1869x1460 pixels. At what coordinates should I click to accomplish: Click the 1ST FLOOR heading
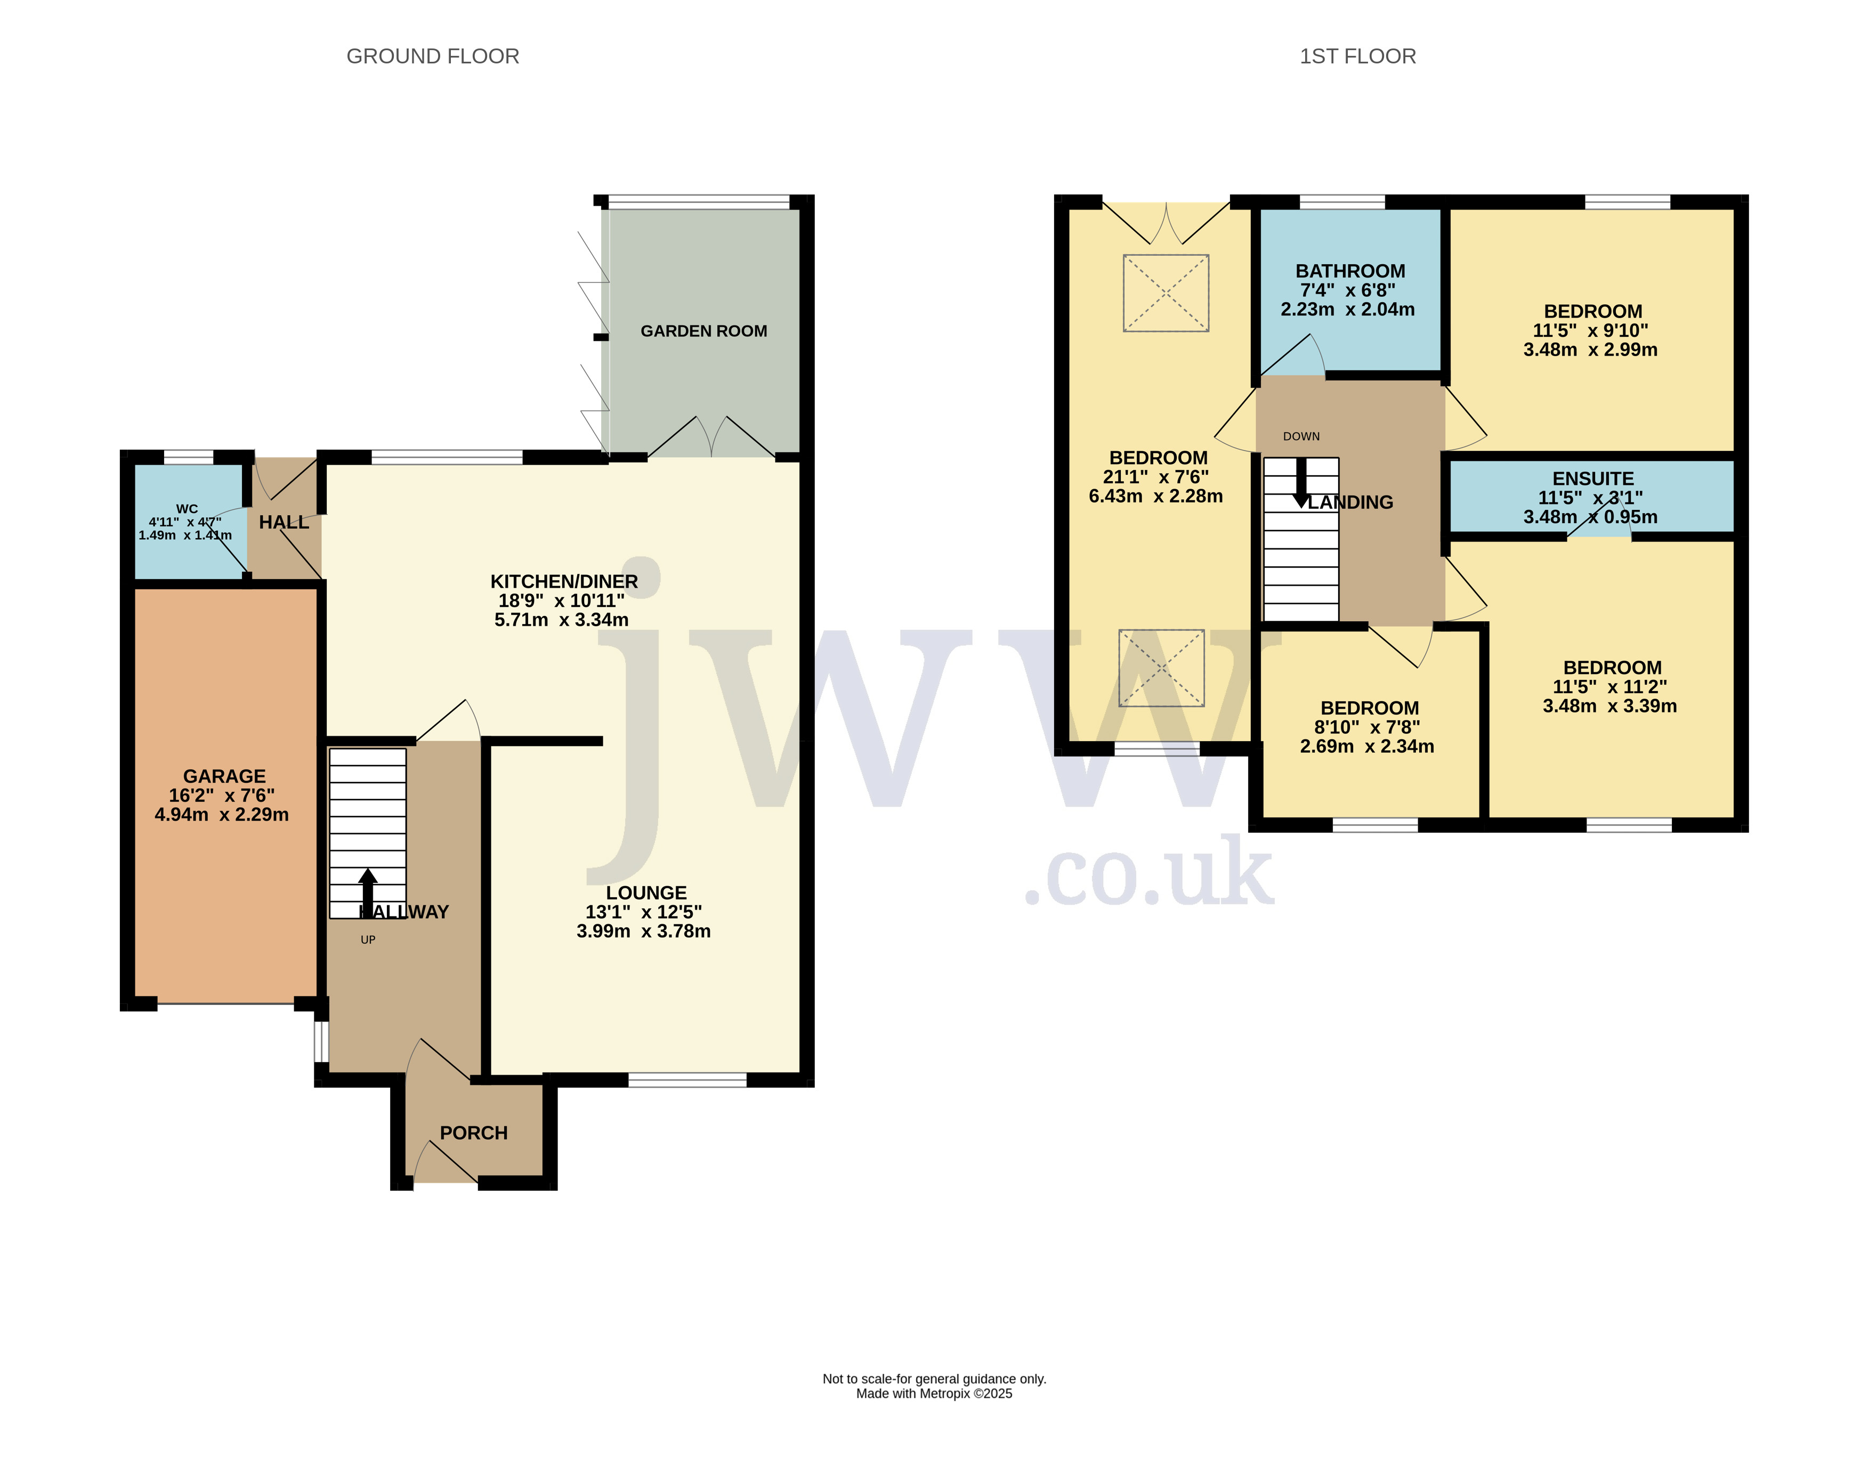pyautogui.click(x=1357, y=56)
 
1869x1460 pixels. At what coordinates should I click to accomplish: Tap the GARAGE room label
pyautogui.click(x=224, y=776)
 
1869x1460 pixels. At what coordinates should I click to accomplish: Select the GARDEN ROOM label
pyautogui.click(x=703, y=331)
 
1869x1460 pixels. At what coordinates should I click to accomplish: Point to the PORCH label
pyautogui.click(x=473, y=1133)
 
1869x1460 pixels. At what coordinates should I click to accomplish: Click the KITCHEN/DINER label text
pyautogui.click(x=564, y=582)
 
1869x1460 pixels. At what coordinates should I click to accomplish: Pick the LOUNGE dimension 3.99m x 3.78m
pyautogui.click(x=644, y=931)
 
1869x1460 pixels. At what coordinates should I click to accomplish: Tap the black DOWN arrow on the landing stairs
pyautogui.click(x=1301, y=483)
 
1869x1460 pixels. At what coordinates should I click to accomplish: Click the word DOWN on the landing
pyautogui.click(x=1301, y=436)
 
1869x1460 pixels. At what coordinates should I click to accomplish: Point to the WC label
pyautogui.click(x=187, y=509)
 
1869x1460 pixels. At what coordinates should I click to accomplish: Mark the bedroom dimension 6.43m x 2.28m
pyautogui.click(x=1155, y=497)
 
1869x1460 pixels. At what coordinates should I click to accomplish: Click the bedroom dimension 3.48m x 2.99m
pyautogui.click(x=1590, y=350)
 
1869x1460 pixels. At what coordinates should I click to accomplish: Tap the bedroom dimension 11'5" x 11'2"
pyautogui.click(x=1609, y=687)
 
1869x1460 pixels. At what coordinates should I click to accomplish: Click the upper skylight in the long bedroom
pyautogui.click(x=1166, y=293)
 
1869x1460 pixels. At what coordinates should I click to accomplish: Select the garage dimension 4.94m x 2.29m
pyautogui.click(x=222, y=815)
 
